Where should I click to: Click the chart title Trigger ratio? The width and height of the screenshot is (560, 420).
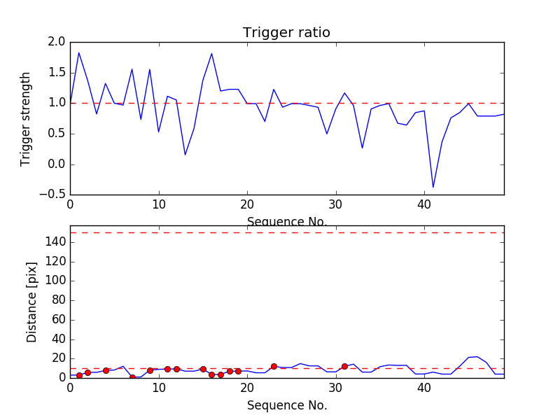286,33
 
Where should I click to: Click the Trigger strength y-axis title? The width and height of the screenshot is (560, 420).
26,118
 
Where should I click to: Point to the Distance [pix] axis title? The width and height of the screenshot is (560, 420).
32,308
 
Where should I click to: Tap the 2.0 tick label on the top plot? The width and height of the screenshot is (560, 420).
57,42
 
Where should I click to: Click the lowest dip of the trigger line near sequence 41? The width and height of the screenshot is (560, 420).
433,187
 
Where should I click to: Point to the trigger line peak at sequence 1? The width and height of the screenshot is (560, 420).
79,52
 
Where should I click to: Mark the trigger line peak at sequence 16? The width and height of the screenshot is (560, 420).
211,54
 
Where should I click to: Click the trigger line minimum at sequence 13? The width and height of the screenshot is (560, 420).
185,155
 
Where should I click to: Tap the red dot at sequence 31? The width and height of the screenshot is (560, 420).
344,366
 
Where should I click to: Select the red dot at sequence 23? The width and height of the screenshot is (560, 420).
274,366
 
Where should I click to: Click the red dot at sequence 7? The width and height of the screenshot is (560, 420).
132,377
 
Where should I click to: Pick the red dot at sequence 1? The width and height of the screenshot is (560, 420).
79,375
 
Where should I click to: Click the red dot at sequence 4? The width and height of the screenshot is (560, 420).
106,370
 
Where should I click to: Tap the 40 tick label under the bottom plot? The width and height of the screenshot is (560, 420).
424,388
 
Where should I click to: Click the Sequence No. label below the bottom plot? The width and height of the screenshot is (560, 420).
286,405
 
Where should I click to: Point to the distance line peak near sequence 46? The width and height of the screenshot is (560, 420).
477,356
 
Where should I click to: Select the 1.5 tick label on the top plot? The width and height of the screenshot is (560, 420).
57,73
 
